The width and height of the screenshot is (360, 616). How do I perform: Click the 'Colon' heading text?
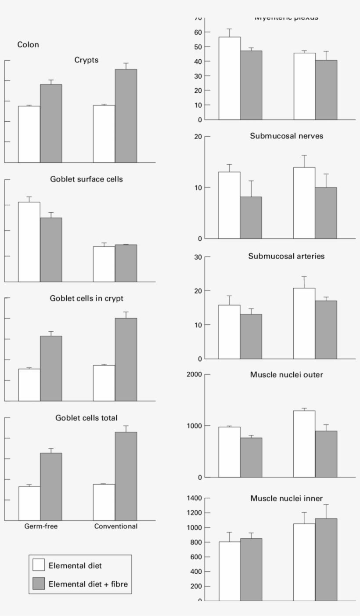[28, 45]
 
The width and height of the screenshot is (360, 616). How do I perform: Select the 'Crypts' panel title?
[86, 60]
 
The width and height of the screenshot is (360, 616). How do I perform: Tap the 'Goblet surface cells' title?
[86, 180]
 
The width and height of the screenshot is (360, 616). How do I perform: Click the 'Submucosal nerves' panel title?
[286, 136]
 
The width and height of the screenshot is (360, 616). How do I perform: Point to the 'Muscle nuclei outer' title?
[286, 375]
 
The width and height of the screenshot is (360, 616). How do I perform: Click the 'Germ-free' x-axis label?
[40, 526]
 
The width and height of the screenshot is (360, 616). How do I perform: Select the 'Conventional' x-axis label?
[116, 526]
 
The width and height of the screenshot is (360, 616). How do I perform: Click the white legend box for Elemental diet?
[39, 565]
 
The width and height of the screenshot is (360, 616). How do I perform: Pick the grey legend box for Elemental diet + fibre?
[39, 584]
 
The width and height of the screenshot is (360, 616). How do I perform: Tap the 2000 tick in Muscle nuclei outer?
[194, 374]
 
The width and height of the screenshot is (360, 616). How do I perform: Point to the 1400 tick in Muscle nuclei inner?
[194, 498]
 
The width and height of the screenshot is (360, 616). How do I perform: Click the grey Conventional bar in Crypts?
[126, 116]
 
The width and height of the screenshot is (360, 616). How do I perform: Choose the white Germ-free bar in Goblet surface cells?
[29, 242]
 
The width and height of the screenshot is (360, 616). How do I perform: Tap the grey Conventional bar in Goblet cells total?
[126, 476]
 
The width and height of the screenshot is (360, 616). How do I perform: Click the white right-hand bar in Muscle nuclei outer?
[304, 444]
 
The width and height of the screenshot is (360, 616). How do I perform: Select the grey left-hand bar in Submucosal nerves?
[251, 217]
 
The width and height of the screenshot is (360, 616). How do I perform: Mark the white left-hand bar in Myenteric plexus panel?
[230, 78]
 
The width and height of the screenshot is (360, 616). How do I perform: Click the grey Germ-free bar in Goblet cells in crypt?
[51, 368]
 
